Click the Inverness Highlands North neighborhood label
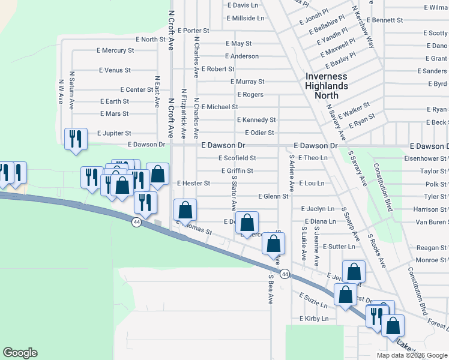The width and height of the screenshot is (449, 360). (x=326, y=82)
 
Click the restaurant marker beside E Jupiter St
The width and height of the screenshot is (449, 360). (x=76, y=139)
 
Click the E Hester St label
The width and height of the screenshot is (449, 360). (x=193, y=183)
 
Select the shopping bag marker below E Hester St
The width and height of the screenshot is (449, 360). (x=185, y=210)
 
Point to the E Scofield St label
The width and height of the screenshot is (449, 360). (x=237, y=158)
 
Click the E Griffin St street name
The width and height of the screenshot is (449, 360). (x=233, y=171)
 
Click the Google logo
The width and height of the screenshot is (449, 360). (x=20, y=353)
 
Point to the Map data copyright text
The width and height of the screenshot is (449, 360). (x=411, y=355)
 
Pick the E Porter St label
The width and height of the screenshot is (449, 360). (x=188, y=31)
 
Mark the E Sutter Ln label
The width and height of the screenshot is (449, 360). (x=339, y=247)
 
